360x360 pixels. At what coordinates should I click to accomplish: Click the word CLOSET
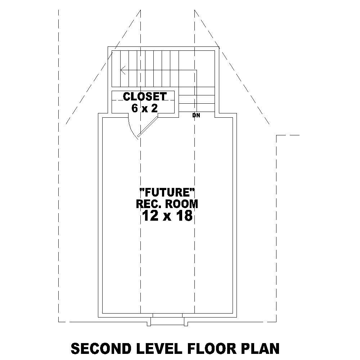145,96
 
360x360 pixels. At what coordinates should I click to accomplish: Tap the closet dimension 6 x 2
145,108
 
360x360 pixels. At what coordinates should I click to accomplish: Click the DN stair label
196,116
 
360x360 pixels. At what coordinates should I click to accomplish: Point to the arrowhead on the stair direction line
123,70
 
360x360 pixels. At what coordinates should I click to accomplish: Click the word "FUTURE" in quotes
167,192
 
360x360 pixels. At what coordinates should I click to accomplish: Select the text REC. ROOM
167,204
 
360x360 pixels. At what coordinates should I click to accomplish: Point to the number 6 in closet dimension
135,108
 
